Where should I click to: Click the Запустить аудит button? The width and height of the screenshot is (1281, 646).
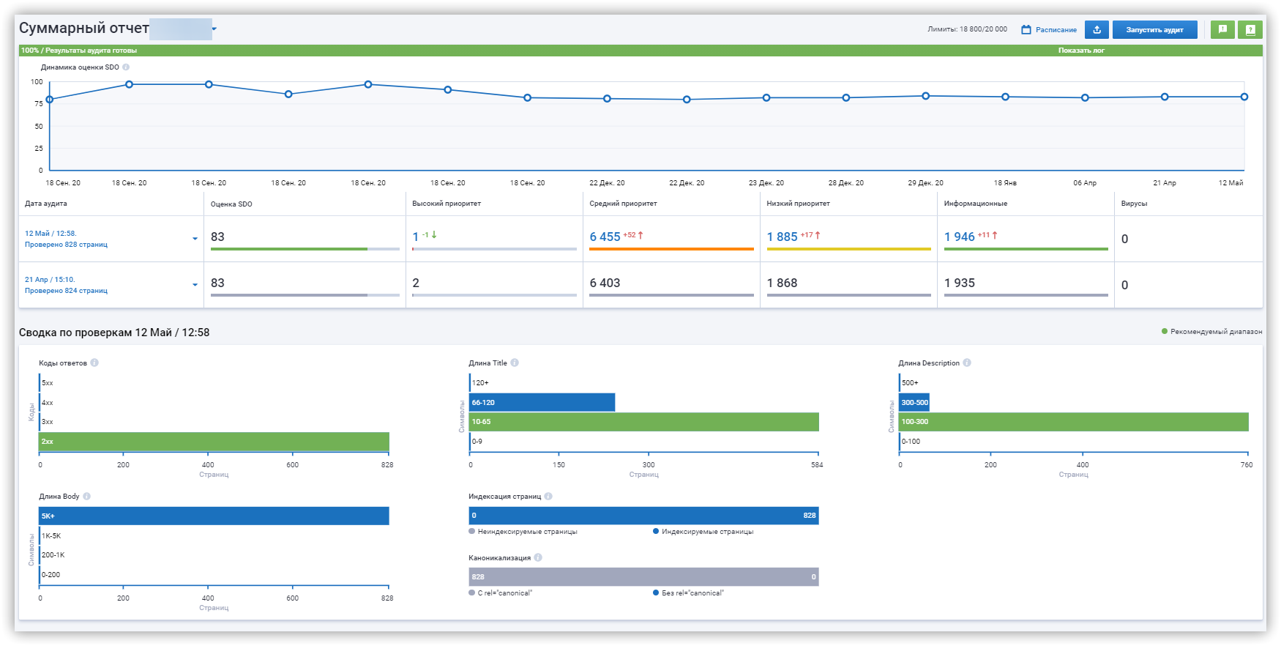[x=1154, y=30]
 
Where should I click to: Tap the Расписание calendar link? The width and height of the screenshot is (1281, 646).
[x=1049, y=30]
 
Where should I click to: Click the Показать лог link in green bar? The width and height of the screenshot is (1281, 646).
[x=1081, y=51]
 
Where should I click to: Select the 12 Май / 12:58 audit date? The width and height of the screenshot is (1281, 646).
[x=51, y=234]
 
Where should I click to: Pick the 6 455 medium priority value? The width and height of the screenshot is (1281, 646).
[x=605, y=237]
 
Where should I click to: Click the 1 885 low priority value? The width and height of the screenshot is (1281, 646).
[x=783, y=237]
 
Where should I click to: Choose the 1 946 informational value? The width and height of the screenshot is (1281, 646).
[x=960, y=237]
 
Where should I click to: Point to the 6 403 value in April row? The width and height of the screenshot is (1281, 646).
[x=605, y=283]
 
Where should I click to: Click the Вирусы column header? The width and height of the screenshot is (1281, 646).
[x=1134, y=204]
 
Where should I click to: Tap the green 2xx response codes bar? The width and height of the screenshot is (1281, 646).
[x=214, y=442]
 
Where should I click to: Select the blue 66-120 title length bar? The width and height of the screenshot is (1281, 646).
[x=542, y=402]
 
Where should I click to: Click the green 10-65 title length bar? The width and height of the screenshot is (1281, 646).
[x=644, y=422]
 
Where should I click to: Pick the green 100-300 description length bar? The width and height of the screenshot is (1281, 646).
[x=1074, y=422]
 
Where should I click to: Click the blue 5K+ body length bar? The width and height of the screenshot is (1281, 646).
[x=214, y=516]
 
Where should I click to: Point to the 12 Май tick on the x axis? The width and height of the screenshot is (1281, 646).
[x=1230, y=183]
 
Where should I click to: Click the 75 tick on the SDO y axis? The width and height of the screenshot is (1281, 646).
[x=38, y=104]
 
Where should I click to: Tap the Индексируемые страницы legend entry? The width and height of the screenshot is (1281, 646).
[x=703, y=532]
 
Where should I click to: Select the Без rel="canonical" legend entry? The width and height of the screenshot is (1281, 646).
[x=688, y=593]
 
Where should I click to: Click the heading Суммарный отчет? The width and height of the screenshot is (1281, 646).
[x=84, y=29]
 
